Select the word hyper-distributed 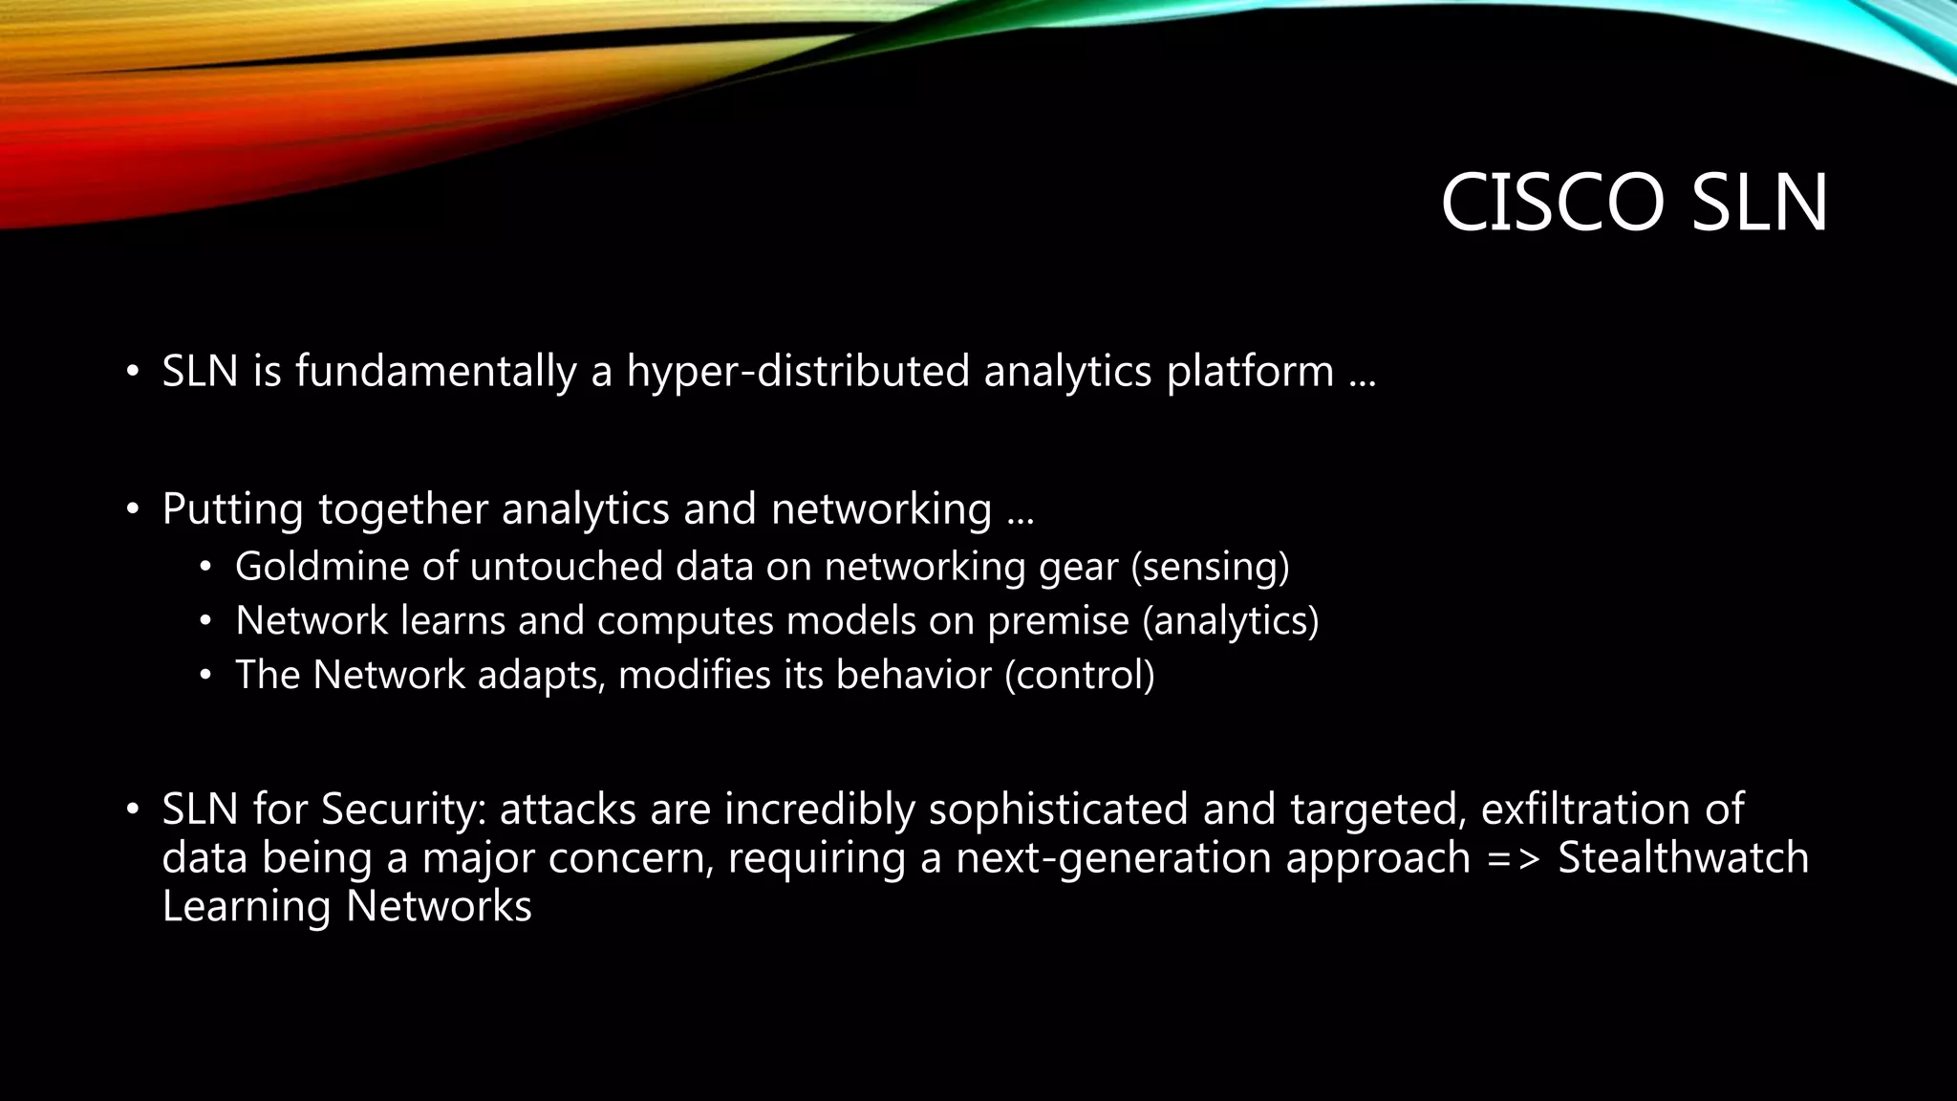(798, 372)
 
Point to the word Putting (232, 509)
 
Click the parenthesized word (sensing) (1210, 567)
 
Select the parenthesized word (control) (1079, 676)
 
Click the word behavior (914, 676)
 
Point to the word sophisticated (1058, 810)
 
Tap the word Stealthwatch (1683, 857)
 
